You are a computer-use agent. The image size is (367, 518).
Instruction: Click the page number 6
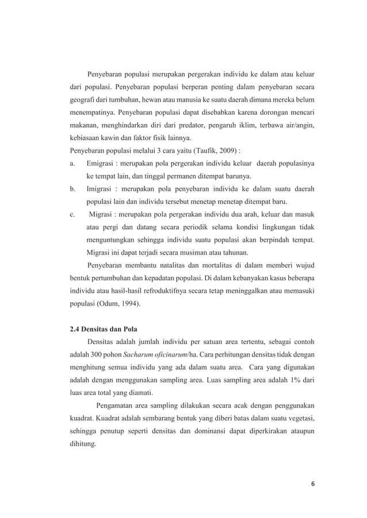point(312,483)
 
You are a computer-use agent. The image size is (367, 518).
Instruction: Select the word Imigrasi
point(101,188)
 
